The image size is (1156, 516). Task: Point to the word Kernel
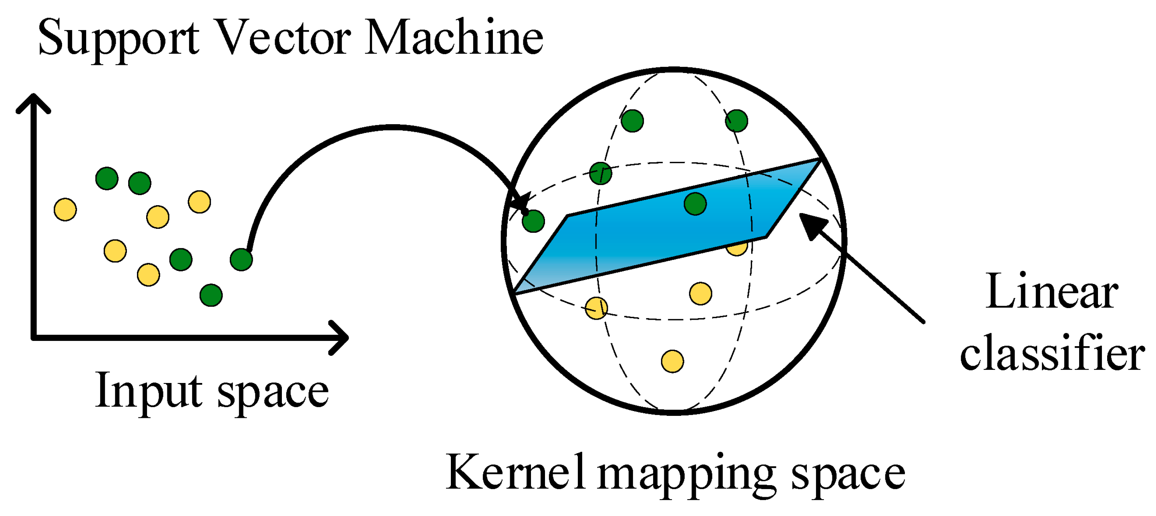click(x=516, y=472)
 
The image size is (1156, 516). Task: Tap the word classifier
click(x=1052, y=355)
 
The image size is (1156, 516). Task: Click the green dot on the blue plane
click(x=695, y=204)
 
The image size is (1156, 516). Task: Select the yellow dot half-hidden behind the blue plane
click(x=736, y=248)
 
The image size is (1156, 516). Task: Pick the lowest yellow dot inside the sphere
click(x=672, y=361)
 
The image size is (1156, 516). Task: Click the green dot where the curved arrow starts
click(x=241, y=260)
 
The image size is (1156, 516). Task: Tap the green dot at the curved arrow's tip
click(x=533, y=221)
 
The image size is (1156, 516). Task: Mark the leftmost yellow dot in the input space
click(x=65, y=210)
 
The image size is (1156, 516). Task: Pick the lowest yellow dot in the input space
click(x=148, y=275)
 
